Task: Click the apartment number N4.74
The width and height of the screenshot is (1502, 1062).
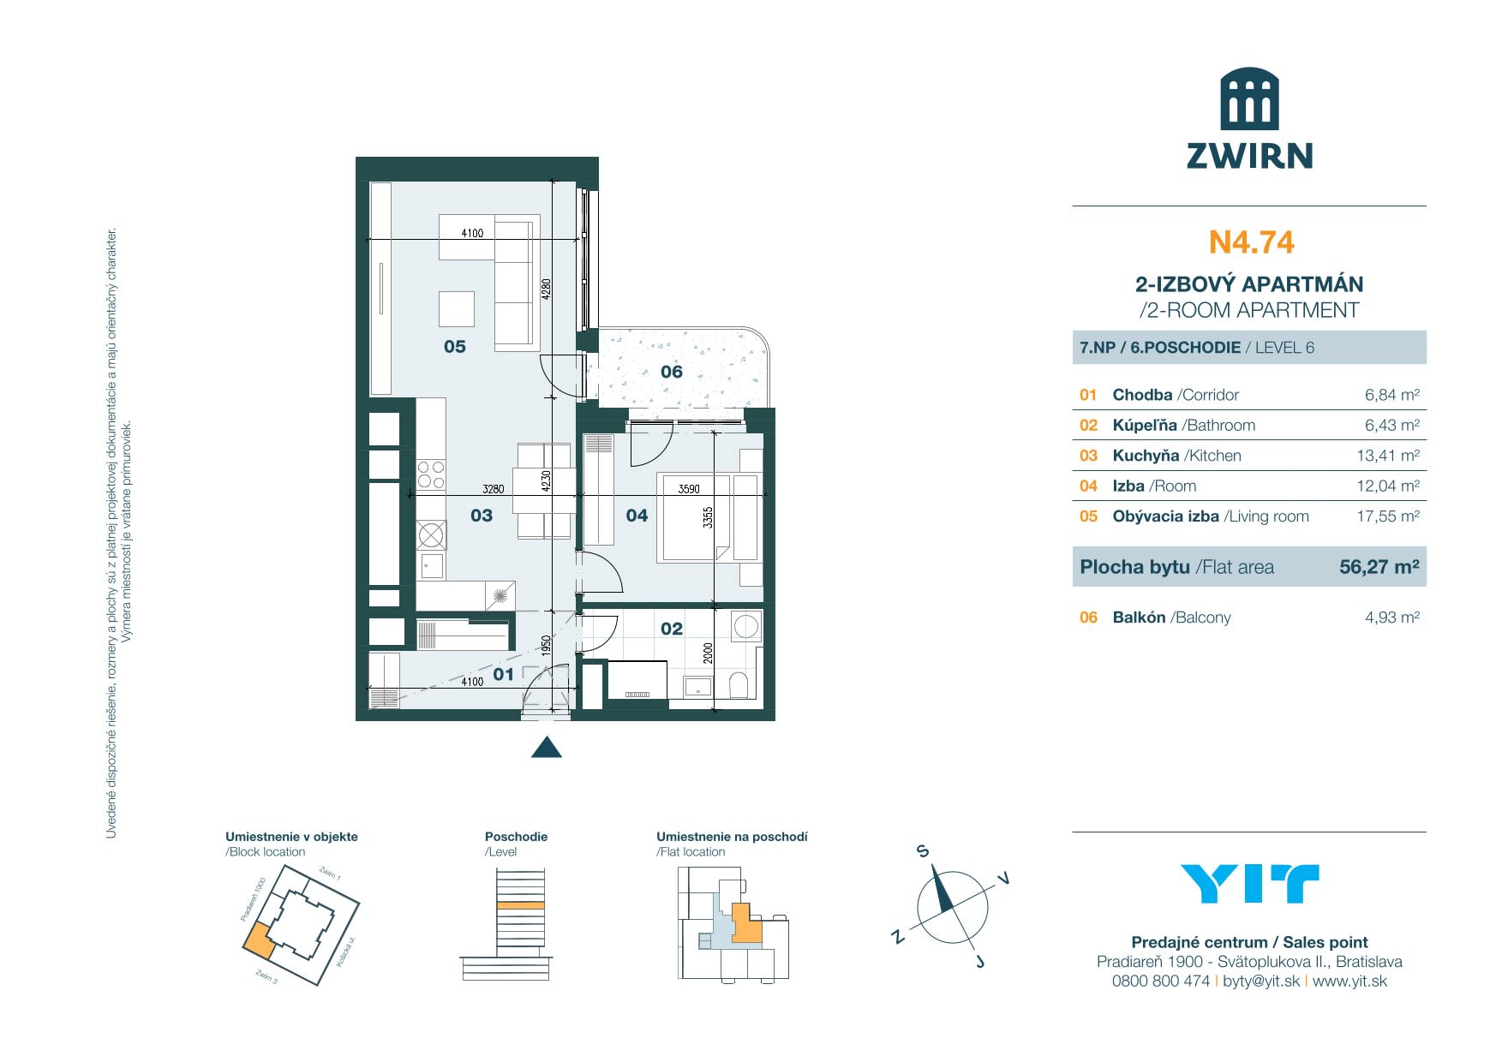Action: click(x=1251, y=242)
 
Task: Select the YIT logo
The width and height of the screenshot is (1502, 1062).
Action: click(x=1249, y=884)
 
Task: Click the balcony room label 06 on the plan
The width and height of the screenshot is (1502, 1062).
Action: click(x=672, y=372)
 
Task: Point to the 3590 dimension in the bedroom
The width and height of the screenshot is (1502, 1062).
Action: click(x=689, y=489)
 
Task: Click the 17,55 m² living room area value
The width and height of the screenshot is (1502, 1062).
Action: click(x=1388, y=516)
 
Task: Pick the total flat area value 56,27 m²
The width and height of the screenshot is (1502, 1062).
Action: click(x=1379, y=567)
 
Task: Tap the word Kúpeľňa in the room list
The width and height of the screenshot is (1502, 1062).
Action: click(x=1144, y=426)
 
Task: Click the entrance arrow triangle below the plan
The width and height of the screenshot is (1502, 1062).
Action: click(x=547, y=748)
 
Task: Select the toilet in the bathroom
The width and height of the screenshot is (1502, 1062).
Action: click(x=739, y=684)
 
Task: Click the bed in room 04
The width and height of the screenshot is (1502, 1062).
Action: click(x=694, y=517)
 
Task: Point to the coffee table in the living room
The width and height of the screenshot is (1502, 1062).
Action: click(x=457, y=309)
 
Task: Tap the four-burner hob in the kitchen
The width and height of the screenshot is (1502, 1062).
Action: click(x=431, y=474)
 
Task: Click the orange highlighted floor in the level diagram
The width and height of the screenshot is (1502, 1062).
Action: click(x=521, y=905)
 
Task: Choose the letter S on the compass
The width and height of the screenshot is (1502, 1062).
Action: click(x=923, y=851)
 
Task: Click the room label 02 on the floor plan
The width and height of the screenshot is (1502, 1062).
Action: click(x=672, y=629)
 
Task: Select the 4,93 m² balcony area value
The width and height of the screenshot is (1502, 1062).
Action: click(x=1391, y=618)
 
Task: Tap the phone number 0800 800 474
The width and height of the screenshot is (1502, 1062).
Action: click(x=1160, y=981)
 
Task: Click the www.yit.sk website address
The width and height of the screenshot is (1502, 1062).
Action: click(x=1349, y=981)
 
